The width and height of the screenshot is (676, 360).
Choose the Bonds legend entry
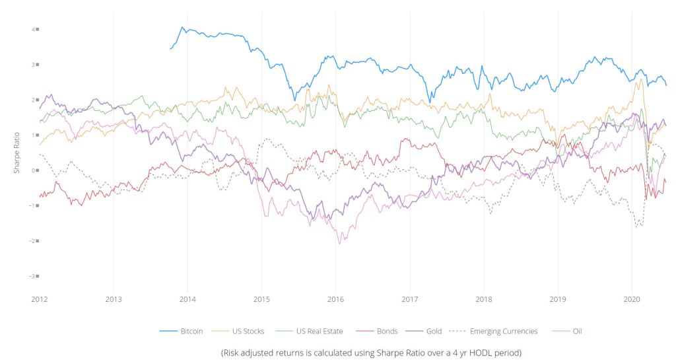click(x=386, y=331)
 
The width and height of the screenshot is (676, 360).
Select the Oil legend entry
click(x=573, y=331)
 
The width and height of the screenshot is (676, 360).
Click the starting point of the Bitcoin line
click(x=170, y=48)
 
